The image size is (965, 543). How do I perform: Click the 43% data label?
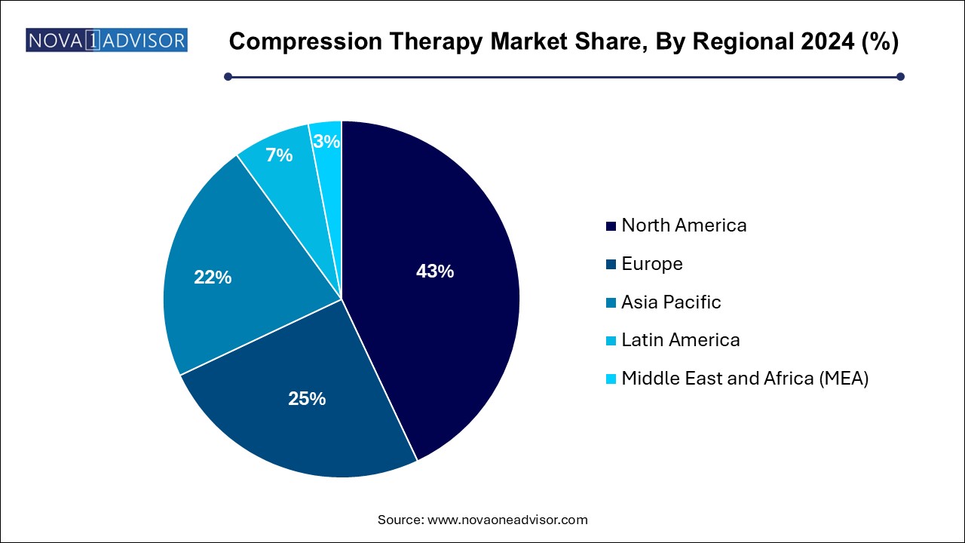click(435, 271)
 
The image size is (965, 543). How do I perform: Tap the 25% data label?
click(307, 399)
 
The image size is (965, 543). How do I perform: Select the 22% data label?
click(213, 278)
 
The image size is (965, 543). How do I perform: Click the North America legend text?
click(684, 225)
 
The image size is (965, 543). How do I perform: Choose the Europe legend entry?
click(652, 263)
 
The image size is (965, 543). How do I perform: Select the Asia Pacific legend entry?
click(671, 302)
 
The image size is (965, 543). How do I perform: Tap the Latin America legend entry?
click(680, 339)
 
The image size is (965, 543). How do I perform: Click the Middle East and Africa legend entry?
click(745, 378)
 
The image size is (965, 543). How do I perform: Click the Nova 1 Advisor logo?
click(106, 40)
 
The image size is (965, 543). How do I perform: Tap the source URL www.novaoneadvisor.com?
click(507, 520)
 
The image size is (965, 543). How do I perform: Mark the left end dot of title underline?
click(228, 76)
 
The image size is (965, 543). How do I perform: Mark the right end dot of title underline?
click(899, 76)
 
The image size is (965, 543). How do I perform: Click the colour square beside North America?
click(610, 225)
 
